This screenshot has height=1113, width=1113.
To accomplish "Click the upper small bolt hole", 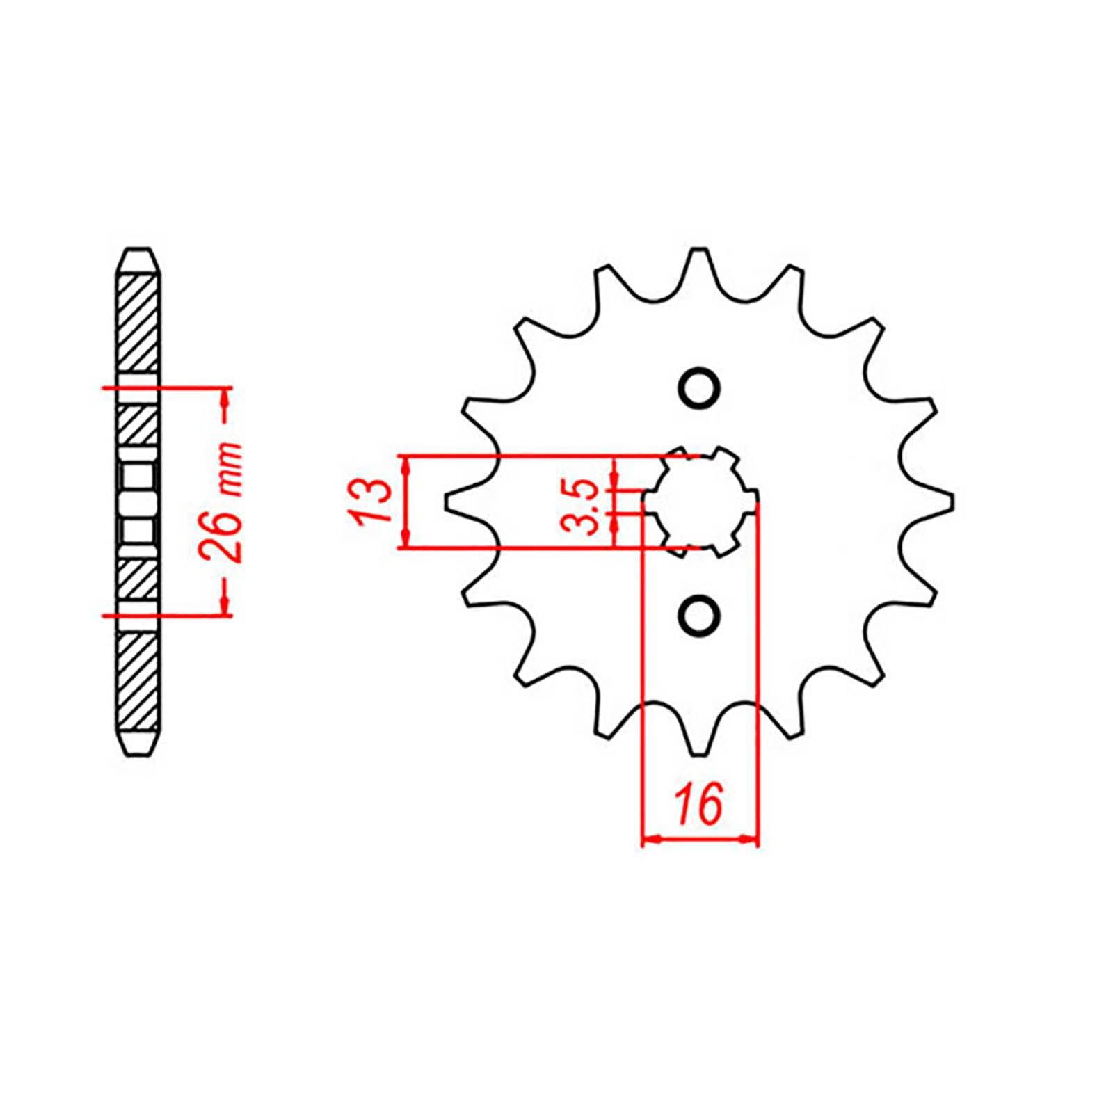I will (x=698, y=387).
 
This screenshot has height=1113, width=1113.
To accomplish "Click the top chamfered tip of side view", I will (x=138, y=255).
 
